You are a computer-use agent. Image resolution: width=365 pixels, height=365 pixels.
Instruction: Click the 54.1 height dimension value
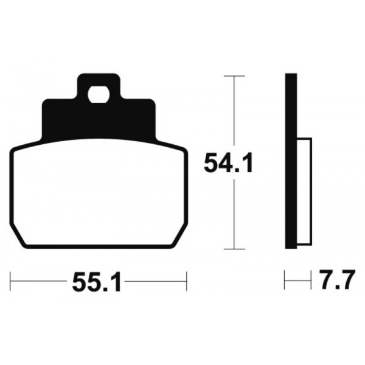coord(228,162)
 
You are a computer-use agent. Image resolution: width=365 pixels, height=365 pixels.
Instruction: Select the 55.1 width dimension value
coord(97,282)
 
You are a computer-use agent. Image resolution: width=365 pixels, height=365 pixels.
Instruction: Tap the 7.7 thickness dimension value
coord(337,280)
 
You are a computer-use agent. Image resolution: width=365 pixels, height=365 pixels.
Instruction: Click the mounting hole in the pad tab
coord(99,94)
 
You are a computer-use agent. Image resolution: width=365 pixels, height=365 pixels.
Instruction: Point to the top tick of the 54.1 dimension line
coord(234,76)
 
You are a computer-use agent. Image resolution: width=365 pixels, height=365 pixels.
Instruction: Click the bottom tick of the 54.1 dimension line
coord(234,249)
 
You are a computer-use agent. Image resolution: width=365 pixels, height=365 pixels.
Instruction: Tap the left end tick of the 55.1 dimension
coord(10,281)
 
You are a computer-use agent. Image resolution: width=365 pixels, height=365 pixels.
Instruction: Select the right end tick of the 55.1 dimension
coord(187,281)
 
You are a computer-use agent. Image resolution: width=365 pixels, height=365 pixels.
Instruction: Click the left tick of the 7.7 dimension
coord(285,280)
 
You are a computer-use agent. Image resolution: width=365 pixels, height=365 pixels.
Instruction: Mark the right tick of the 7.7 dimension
coord(311,280)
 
